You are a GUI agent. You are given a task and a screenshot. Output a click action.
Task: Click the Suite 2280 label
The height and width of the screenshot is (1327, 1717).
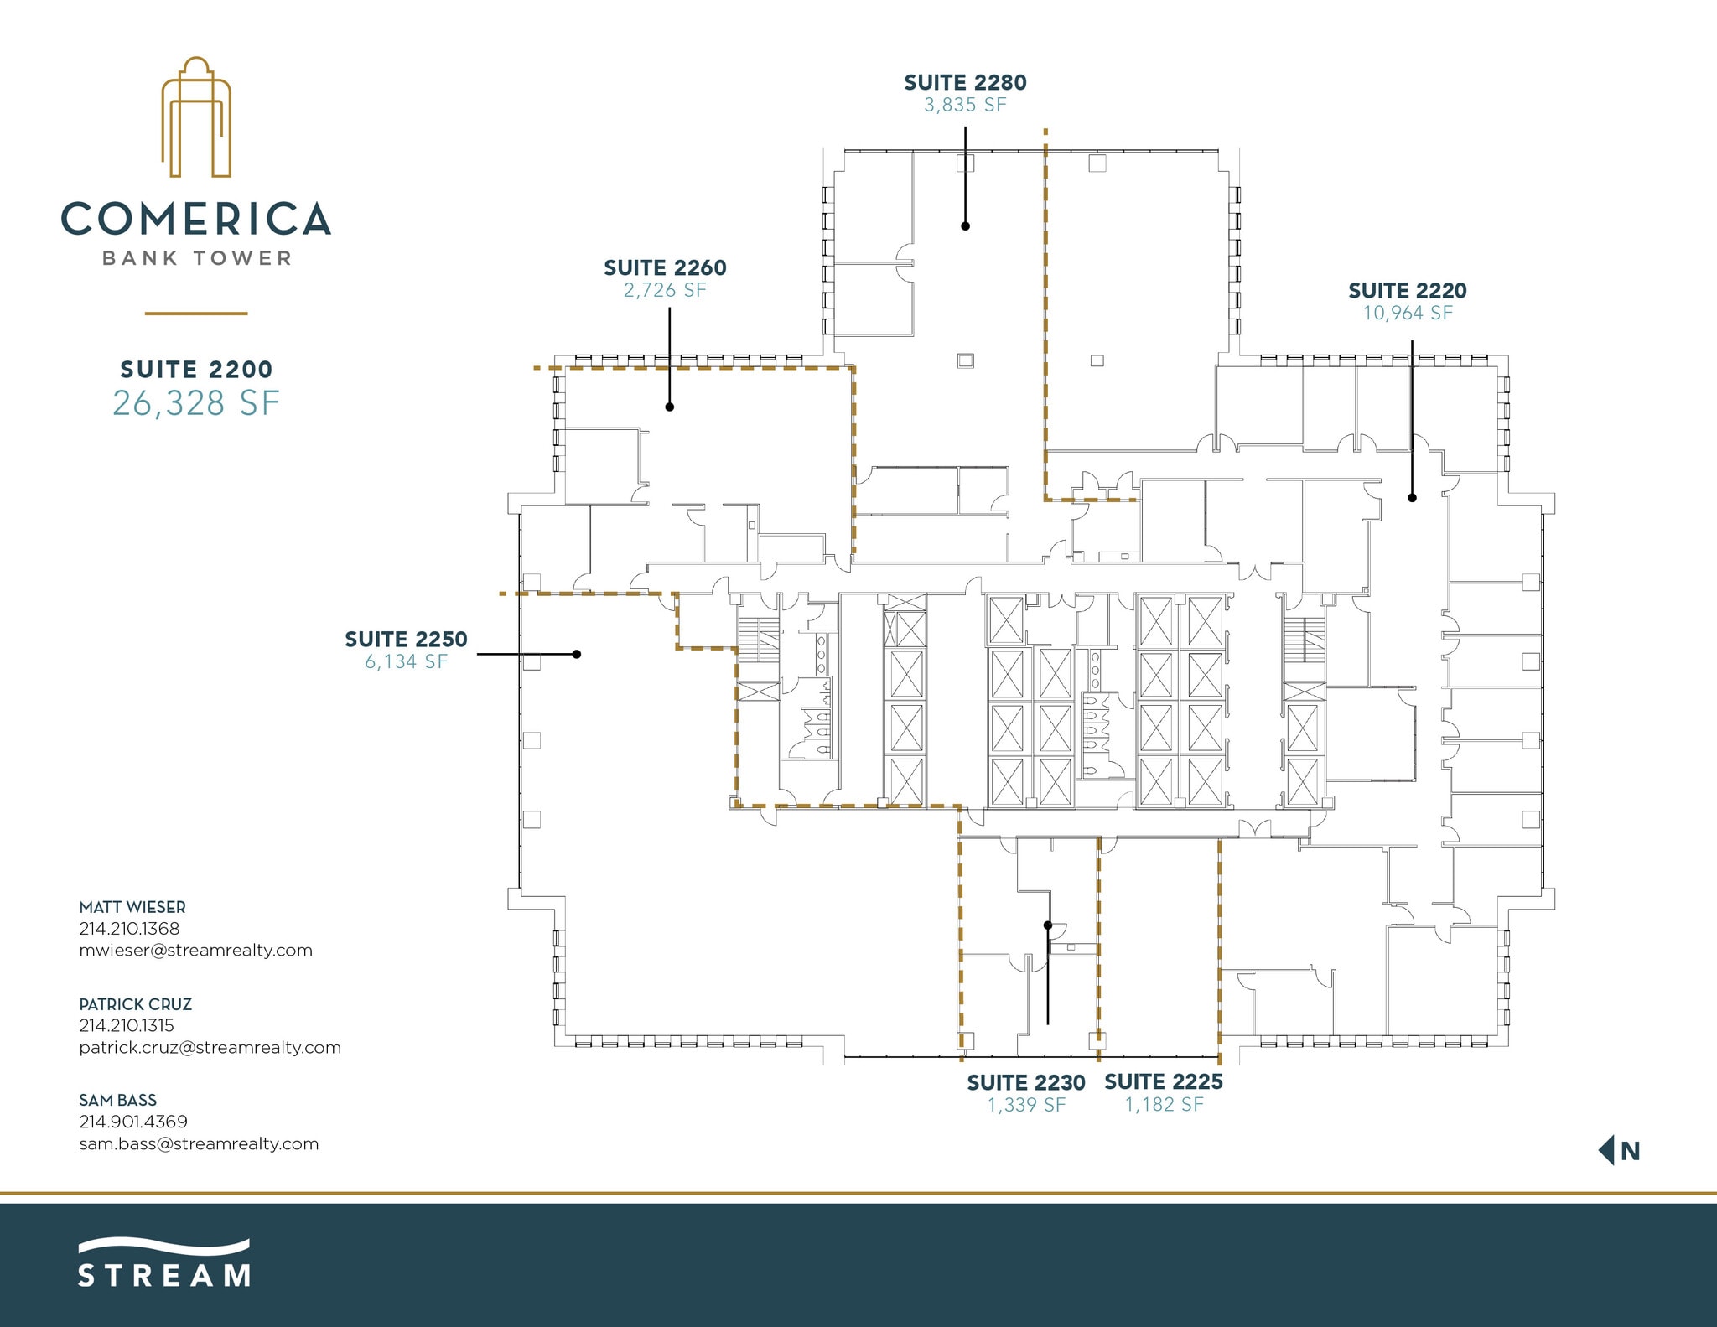coord(965,82)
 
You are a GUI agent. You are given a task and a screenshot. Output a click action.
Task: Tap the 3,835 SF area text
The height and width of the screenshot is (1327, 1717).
coord(965,105)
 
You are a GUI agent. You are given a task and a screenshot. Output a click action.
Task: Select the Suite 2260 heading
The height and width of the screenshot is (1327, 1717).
coord(665,267)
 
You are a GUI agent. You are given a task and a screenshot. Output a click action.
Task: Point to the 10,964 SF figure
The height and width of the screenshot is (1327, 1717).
coord(1408,313)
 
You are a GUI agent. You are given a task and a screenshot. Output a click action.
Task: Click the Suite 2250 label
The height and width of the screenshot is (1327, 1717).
coord(406,639)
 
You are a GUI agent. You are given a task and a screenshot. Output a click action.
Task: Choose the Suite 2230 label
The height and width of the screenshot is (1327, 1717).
coord(1026,1082)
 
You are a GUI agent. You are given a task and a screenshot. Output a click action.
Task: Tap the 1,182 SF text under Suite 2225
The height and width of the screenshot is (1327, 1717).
coord(1164,1104)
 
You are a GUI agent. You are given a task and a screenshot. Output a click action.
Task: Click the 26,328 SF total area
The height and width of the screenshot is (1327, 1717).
coord(196,403)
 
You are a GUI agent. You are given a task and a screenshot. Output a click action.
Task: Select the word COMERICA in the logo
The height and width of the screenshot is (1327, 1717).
coord(196,219)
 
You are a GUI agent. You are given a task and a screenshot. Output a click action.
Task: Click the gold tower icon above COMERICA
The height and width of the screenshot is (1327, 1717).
coord(196,117)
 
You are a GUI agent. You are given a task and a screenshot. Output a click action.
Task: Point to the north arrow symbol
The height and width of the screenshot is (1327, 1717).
coord(1607,1150)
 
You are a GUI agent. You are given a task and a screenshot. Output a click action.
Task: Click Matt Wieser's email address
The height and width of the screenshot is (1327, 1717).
coord(195,950)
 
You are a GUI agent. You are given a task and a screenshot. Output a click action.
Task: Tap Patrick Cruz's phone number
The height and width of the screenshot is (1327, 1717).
coord(127,1024)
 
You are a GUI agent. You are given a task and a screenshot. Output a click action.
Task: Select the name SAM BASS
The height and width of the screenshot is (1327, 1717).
coord(117,1100)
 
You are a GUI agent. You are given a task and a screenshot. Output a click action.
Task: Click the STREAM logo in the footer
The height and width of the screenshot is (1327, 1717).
coord(164,1263)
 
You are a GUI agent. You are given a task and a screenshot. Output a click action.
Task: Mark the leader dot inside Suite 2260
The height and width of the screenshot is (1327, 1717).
coord(670,407)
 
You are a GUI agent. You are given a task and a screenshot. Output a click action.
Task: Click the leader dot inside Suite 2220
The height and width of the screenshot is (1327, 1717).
coord(1412,497)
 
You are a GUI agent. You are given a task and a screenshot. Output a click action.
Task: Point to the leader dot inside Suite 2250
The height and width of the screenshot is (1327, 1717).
coord(577,654)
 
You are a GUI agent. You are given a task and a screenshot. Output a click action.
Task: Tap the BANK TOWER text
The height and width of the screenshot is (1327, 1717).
coord(196,258)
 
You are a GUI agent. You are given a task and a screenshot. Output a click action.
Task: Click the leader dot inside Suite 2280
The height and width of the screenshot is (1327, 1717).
coord(965,225)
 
